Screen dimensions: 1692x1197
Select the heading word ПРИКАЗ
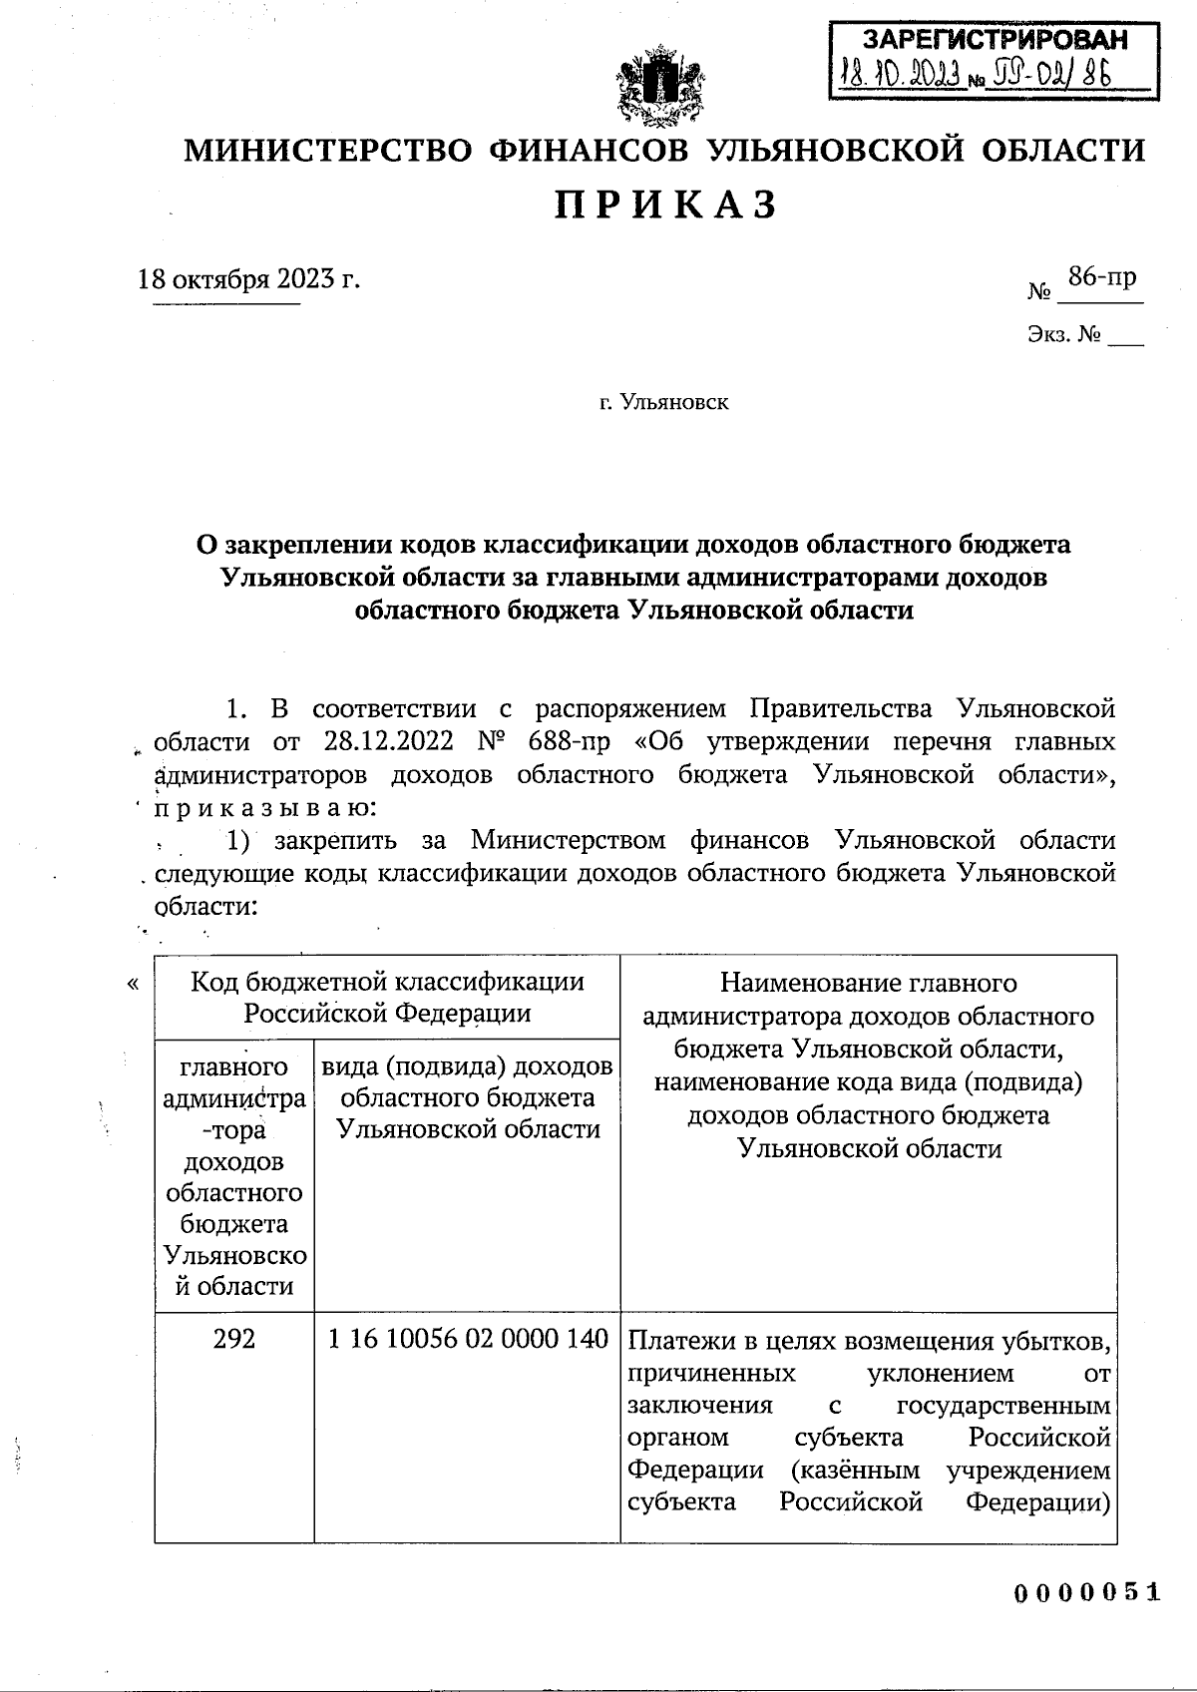pos(664,205)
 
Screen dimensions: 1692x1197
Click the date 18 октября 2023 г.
pos(248,278)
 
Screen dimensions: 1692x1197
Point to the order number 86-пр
pos(1101,276)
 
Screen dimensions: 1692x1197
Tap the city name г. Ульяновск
pos(663,402)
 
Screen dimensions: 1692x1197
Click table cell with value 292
pos(234,1338)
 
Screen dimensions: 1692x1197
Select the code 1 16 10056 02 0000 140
pos(468,1338)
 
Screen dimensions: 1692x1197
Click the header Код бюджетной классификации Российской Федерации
pos(387,997)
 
